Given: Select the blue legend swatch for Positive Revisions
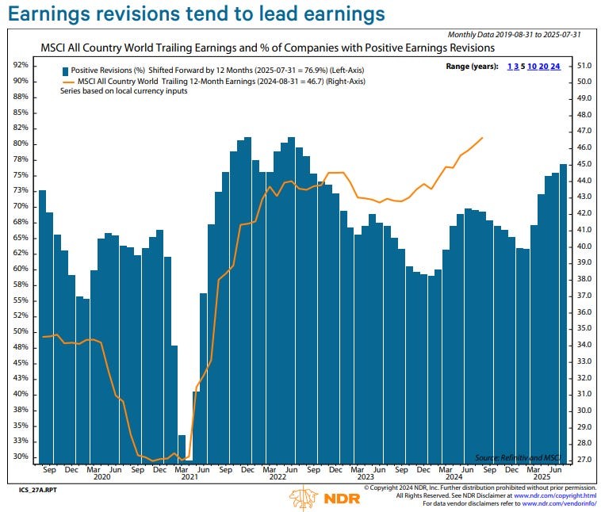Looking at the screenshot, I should [64, 70].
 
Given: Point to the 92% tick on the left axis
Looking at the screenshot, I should [21, 65].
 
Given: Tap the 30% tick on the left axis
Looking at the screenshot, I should [21, 457].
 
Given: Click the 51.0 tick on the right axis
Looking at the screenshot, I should [585, 65].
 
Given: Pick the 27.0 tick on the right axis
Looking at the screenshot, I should [585, 460].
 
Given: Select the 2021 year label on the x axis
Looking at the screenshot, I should [189, 477].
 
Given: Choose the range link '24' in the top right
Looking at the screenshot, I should [555, 67].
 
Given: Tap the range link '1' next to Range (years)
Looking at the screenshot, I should [510, 67].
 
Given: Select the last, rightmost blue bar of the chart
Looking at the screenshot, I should [563, 313].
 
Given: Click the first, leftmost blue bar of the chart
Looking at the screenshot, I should [42, 327].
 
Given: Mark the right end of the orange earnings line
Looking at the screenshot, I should [483, 138].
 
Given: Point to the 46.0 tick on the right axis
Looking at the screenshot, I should [585, 147].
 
